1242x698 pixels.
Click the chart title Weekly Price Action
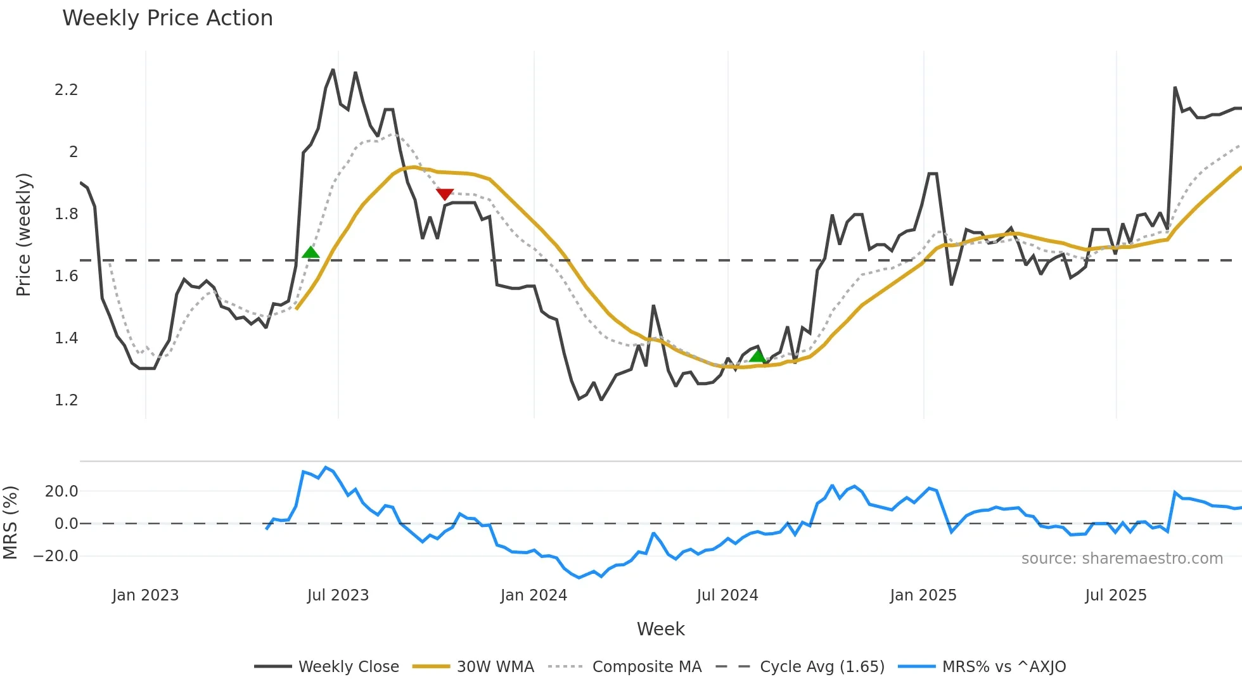[167, 18]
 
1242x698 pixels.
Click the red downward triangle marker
[445, 194]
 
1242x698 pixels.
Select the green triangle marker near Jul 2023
[310, 252]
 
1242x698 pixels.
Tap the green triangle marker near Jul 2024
[757, 356]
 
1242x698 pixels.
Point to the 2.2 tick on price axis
[66, 90]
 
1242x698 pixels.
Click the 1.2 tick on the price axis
[66, 400]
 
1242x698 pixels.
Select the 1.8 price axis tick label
[66, 214]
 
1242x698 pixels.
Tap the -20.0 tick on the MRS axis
[56, 556]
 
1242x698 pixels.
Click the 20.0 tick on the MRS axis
[61, 492]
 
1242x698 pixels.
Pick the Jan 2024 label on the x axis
[534, 595]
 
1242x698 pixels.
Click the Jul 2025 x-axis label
[1116, 595]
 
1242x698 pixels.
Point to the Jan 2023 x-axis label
[145, 595]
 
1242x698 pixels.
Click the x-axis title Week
[660, 629]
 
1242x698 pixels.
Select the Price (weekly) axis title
[23, 234]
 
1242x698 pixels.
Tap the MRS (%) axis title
[11, 523]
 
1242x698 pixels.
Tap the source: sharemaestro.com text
[1122, 559]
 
